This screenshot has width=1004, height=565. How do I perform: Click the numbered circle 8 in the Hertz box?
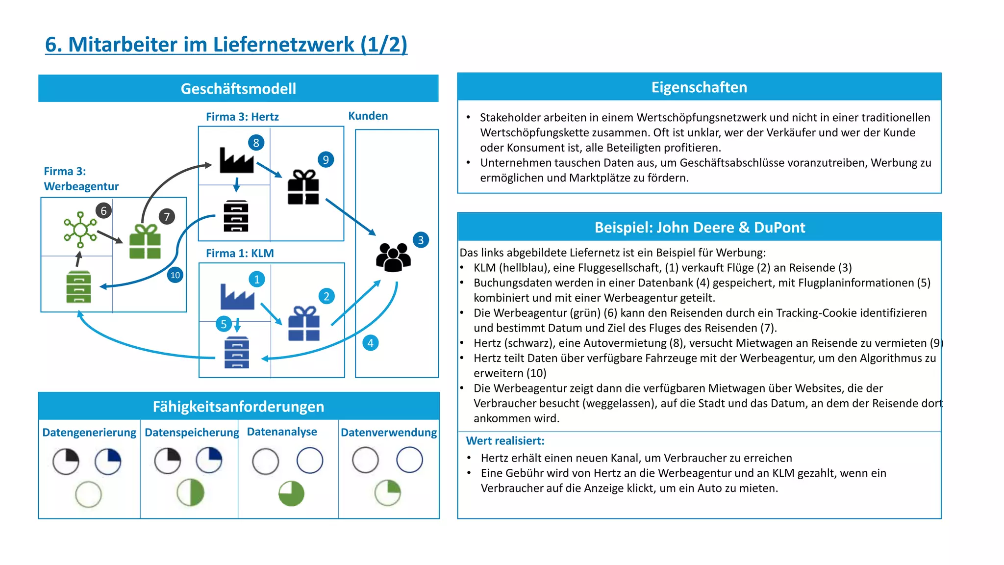pos(256,143)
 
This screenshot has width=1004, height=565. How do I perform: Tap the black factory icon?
pos(237,160)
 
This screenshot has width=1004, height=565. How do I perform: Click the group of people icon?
pos(393,257)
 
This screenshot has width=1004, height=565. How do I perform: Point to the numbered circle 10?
pos(175,275)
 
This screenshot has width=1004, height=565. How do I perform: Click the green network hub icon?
pos(80,229)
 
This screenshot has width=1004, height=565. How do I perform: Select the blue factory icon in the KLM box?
pos(237,297)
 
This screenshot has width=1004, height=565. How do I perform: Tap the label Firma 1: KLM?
pos(240,253)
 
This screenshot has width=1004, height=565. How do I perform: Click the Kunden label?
pos(368,116)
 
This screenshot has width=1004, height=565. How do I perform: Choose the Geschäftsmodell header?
pos(238,89)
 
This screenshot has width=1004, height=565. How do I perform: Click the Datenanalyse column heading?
pos(282,432)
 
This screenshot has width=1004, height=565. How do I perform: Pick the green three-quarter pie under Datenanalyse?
pos(291,493)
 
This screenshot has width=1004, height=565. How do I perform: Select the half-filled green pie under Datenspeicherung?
pos(190,492)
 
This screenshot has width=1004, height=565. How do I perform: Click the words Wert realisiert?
pos(505,440)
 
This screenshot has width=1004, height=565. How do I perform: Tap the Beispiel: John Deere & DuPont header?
pos(700,228)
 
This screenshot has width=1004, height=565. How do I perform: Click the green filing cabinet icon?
pos(78,287)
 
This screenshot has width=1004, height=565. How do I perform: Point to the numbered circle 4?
pos(370,343)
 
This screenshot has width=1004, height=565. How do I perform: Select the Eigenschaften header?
pos(699,87)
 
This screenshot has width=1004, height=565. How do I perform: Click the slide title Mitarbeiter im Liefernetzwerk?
pos(226,45)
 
